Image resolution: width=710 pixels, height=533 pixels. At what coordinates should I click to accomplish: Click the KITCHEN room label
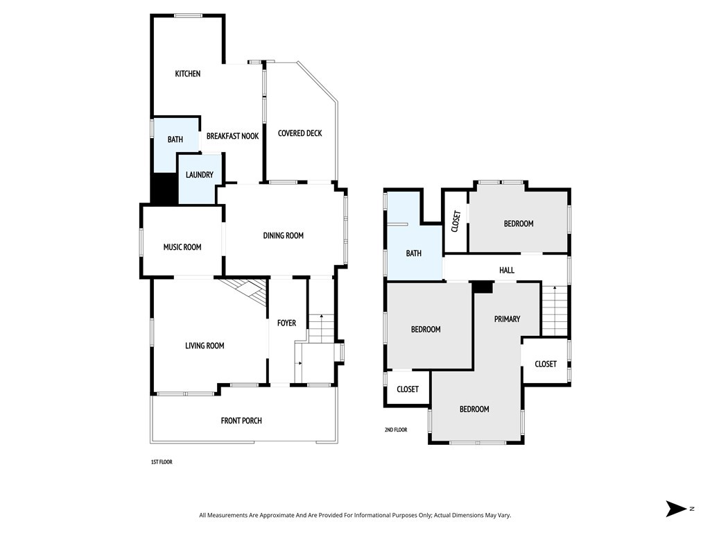(x=187, y=74)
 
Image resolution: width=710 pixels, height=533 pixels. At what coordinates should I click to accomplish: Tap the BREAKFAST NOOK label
(x=232, y=136)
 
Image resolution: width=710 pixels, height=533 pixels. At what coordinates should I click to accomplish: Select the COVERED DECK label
(x=300, y=133)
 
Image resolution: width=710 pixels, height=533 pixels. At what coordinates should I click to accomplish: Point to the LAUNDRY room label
(x=199, y=175)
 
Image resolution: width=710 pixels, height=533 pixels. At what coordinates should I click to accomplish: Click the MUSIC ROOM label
(x=182, y=247)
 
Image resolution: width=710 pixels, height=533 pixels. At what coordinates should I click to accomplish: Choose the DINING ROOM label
(x=283, y=236)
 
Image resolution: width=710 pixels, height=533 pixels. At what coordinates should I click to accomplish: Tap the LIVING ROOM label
(x=205, y=346)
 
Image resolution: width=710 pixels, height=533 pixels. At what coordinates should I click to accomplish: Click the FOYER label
(x=286, y=323)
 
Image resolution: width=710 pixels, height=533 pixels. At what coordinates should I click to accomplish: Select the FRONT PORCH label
(x=241, y=421)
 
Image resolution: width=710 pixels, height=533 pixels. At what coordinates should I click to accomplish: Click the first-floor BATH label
(x=175, y=139)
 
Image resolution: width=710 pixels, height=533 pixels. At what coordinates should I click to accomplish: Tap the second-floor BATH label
(x=413, y=254)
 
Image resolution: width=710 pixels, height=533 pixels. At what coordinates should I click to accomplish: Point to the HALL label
(x=507, y=270)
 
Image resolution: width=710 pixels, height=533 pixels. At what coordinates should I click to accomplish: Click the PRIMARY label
(x=507, y=319)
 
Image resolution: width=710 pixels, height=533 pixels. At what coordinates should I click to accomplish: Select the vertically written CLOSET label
(x=456, y=221)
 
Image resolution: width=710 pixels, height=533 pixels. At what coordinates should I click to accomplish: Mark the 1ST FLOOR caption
(x=162, y=462)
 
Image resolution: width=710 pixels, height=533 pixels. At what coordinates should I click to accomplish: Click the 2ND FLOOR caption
(x=396, y=430)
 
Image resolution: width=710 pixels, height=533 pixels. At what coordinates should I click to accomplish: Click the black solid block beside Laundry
(x=164, y=189)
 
